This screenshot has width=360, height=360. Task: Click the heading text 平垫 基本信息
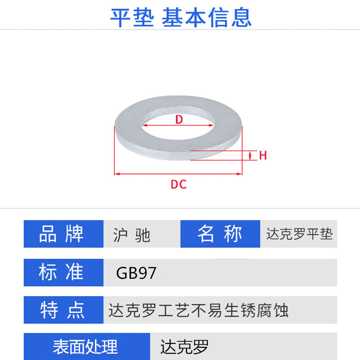point(180,17)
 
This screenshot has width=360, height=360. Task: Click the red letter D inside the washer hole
point(179,120)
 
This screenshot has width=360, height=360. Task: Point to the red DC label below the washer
point(179,184)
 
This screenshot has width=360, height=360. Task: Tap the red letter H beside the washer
point(263,156)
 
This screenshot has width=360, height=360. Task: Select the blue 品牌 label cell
point(63,234)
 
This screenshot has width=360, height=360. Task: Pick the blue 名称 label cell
point(220,234)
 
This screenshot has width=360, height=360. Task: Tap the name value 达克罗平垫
point(299,234)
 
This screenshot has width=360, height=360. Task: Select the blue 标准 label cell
point(63,273)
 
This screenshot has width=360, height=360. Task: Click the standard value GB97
point(136,273)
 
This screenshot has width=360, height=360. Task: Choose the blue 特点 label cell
point(63,310)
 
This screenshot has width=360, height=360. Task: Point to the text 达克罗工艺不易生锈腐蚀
point(198,310)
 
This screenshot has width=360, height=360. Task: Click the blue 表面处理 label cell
point(85,346)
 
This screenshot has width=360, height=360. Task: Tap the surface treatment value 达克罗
point(184,347)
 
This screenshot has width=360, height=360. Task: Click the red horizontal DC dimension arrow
point(179,174)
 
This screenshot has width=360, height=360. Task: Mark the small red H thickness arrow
point(251,156)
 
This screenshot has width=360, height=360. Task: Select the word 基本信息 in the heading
point(207,17)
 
